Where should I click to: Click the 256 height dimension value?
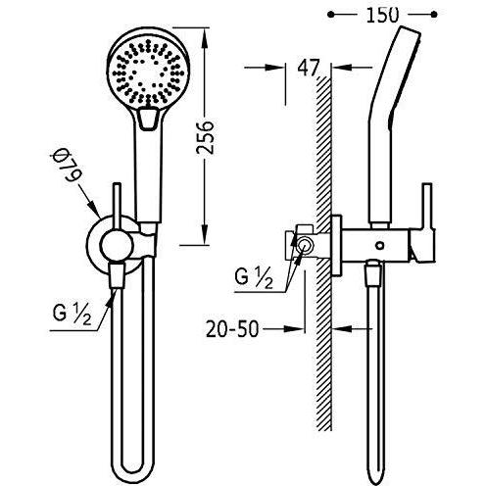click(205, 137)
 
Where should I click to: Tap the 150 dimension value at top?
click(382, 15)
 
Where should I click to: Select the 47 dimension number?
click(308, 68)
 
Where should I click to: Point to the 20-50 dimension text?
click(232, 329)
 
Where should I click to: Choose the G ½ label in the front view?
click(73, 314)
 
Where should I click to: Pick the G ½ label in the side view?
click(254, 277)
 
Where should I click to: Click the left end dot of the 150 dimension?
click(331, 15)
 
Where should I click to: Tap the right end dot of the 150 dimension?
click(434, 15)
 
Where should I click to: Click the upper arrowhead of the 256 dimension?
click(205, 37)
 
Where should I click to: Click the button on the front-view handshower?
click(149, 119)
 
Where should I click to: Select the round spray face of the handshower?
click(149, 72)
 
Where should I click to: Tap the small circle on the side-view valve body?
click(379, 245)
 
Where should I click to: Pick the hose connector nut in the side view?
click(374, 273)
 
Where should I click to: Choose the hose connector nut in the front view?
click(117, 275)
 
